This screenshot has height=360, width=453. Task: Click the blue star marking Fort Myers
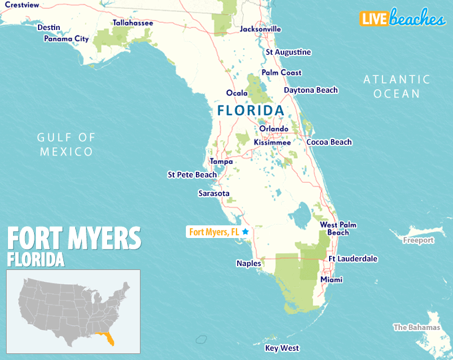coord(245,231)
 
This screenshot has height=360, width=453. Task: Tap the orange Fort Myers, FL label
coord(214,232)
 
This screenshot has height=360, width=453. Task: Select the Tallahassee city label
coord(133,23)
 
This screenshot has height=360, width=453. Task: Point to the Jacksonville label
coord(260,29)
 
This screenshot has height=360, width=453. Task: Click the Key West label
coord(282,348)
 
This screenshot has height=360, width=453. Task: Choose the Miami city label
coord(331,279)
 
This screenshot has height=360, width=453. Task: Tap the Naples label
coord(248,263)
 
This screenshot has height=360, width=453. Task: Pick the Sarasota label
coord(214,193)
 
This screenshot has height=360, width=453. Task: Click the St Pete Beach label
coord(192,175)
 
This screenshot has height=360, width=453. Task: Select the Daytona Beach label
coord(310,90)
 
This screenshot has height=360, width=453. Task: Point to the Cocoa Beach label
coord(328,142)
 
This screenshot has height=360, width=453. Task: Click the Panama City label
coord(66,39)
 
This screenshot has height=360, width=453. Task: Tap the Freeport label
coord(418,240)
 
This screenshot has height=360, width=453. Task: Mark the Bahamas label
coord(416,327)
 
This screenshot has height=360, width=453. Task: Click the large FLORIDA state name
coord(250,110)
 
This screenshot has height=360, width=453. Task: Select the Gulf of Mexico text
coord(66,144)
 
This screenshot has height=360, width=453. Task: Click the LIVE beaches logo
coord(402,19)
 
